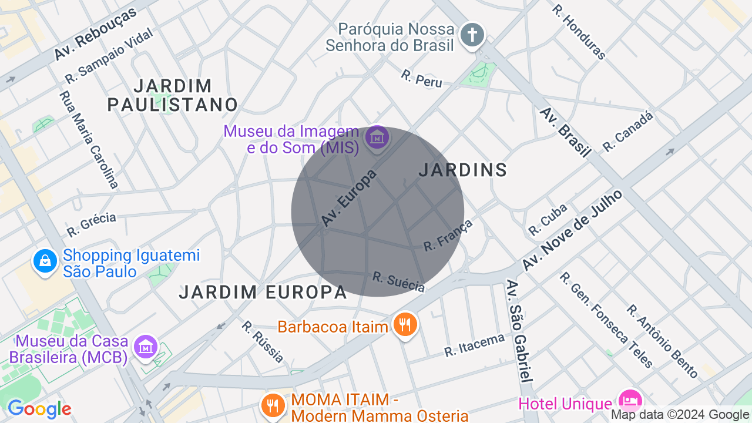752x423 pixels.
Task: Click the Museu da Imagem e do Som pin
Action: click(x=377, y=138)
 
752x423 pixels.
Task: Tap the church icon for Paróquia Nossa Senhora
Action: click(x=472, y=35)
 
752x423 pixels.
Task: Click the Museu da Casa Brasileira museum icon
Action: click(x=145, y=347)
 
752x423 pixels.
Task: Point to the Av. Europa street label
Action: click(x=348, y=198)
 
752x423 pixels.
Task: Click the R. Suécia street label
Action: click(x=398, y=281)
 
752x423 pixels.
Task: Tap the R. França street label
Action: click(x=448, y=235)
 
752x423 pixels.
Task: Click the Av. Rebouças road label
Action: click(x=95, y=33)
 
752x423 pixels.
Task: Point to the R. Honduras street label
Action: click(x=579, y=32)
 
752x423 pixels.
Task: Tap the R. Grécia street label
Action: click(x=91, y=224)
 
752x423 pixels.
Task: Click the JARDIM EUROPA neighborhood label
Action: click(x=263, y=292)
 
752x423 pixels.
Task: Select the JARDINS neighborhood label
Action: click(x=462, y=170)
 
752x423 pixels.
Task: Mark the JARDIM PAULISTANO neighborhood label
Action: click(x=173, y=95)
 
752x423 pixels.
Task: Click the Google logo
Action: click(x=39, y=409)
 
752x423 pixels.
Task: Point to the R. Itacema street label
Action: click(x=474, y=345)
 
